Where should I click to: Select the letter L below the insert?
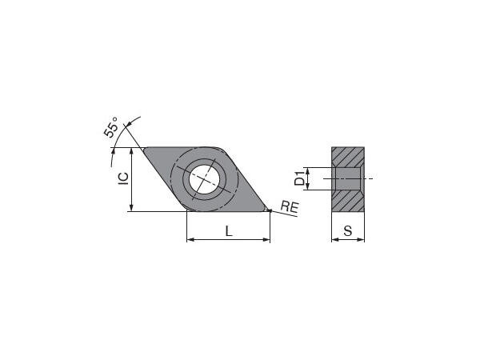229,231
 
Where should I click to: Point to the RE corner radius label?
290,208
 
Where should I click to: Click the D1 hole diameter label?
299,178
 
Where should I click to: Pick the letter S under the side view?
347,231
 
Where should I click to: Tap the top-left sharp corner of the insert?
144,148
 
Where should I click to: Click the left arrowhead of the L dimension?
190,239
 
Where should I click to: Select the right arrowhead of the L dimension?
266,239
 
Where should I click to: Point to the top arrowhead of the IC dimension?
130,151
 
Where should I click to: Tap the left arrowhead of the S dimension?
334,239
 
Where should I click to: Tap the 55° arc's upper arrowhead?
138,121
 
